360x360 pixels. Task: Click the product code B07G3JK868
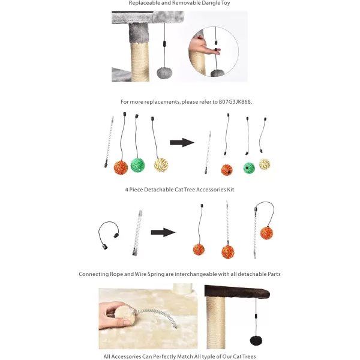(x=235, y=102)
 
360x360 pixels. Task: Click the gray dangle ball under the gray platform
(x=164, y=73)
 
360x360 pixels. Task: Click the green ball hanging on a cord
(x=137, y=165)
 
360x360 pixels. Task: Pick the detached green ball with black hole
(x=249, y=167)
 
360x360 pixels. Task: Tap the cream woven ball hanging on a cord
(x=161, y=164)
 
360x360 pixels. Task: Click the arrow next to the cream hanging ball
(x=182, y=142)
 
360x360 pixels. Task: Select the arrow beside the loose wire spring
(x=163, y=232)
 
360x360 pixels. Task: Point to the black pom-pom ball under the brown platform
(x=256, y=341)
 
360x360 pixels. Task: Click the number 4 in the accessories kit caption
(x=127, y=190)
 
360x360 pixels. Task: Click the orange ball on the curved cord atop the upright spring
(x=266, y=233)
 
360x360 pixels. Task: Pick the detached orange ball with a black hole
(x=227, y=170)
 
